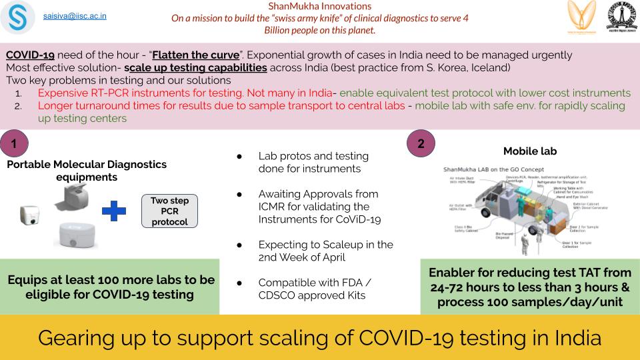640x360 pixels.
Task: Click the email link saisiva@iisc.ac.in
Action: pos(75,14)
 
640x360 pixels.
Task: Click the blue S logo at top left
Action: pos(18,18)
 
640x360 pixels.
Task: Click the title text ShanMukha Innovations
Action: pos(319,6)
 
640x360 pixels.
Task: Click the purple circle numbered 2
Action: pos(421,143)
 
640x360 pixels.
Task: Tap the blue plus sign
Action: pos(114,211)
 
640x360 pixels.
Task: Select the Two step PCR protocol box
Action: pos(170,211)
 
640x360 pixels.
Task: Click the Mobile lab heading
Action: pos(531,151)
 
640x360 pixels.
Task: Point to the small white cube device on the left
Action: pos(29,214)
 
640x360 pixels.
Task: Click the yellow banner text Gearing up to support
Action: pos(319,337)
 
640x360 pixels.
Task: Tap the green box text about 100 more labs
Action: pos(111,287)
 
